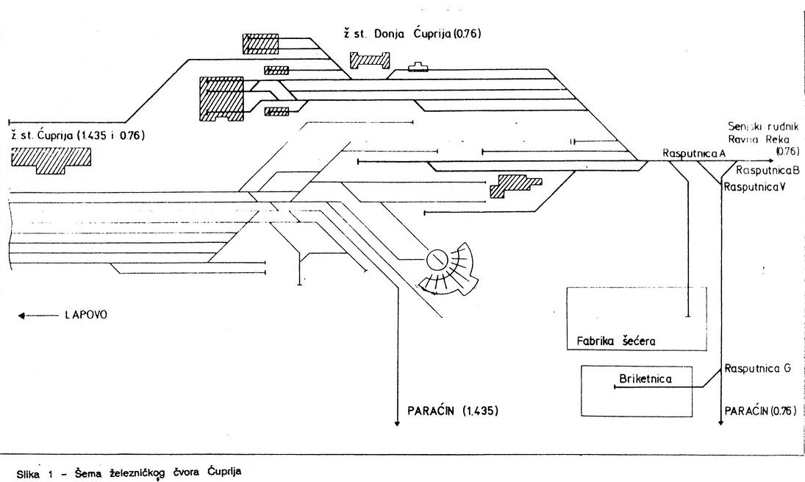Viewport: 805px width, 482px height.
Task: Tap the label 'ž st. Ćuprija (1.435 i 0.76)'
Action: [77, 135]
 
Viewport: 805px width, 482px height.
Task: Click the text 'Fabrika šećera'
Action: [615, 341]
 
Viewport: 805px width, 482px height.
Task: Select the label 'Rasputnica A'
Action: [694, 152]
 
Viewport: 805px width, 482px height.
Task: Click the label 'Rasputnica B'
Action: [762, 170]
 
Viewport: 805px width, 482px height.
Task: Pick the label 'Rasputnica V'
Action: [755, 186]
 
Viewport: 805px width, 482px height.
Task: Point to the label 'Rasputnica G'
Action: [756, 369]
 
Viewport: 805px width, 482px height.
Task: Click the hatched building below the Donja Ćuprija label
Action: [370, 60]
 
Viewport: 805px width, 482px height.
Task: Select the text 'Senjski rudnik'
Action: [762, 127]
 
